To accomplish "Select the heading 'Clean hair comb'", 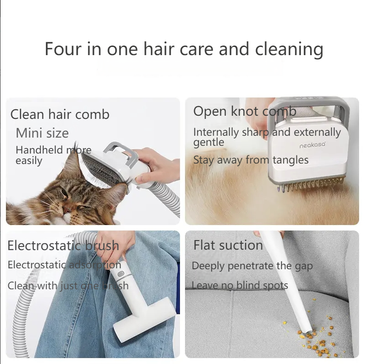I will [60, 114].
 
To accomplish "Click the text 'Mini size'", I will [42, 133].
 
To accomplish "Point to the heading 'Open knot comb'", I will [245, 111].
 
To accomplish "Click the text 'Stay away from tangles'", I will [251, 160].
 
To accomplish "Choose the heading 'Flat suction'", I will [228, 245].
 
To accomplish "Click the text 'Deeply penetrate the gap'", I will [252, 266].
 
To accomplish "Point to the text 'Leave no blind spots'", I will [240, 286].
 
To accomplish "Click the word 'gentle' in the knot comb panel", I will [209, 143].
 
